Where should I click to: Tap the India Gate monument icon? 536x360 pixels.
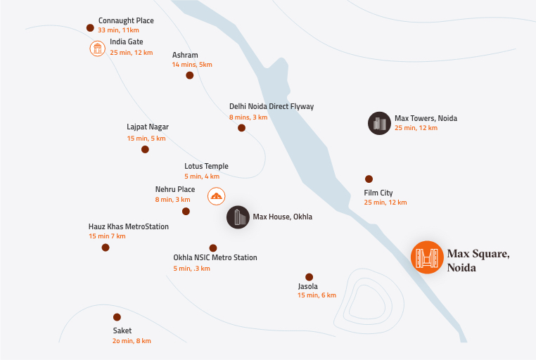tap(97, 48)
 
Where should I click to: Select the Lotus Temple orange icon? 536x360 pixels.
tap(217, 196)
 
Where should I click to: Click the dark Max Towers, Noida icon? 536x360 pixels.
tap(379, 123)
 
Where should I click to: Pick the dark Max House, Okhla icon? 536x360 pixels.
tap(238, 217)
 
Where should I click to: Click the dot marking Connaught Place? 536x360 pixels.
tap(90, 28)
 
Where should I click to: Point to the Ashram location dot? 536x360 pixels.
tap(189, 75)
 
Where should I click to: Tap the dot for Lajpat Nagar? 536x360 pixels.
tap(145, 149)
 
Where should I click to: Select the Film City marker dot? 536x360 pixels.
tap(369, 179)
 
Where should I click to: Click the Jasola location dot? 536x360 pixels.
tap(309, 276)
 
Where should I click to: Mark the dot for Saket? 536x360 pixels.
tap(117, 317)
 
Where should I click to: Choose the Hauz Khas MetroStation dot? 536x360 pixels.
tap(106, 247)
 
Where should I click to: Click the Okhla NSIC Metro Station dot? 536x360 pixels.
tap(213, 248)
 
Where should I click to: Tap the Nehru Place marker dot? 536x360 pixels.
tap(186, 211)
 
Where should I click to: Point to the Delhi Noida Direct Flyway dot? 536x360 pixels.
tap(241, 128)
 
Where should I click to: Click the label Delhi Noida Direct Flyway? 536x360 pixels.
tap(271, 107)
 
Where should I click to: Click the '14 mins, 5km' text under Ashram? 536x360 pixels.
tap(191, 65)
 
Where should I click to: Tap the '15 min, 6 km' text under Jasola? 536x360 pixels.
tap(317, 295)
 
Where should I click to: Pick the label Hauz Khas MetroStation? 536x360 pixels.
tap(128, 226)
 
